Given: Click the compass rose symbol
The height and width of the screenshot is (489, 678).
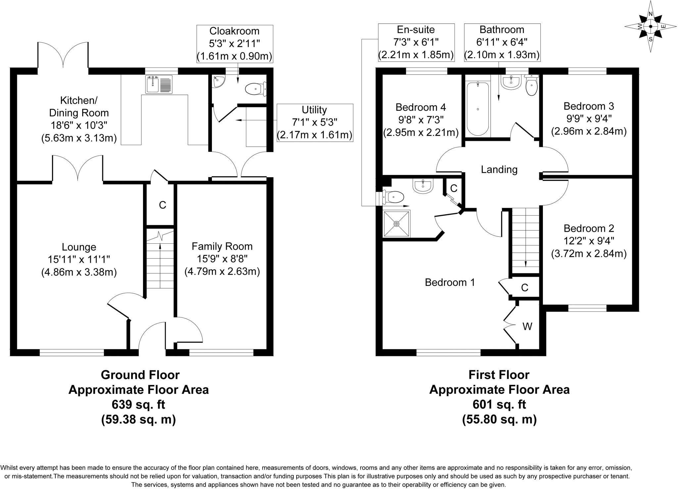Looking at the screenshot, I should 650,26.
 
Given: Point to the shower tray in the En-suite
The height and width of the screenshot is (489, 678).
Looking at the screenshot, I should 397,224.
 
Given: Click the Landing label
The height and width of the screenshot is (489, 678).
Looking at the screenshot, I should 499,170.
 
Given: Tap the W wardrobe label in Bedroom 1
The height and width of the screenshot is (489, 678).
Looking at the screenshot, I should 527,327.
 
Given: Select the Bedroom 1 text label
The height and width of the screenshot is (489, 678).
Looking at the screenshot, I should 450,282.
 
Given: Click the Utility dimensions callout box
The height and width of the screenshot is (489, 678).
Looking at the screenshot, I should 315,123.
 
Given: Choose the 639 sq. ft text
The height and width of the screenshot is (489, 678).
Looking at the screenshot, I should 138,405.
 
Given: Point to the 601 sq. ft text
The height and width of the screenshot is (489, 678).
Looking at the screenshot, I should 499,405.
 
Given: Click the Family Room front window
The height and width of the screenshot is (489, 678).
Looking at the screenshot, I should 221,352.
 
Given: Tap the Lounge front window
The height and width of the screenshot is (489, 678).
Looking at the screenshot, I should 72,352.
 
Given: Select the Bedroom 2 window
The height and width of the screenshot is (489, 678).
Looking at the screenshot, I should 587,308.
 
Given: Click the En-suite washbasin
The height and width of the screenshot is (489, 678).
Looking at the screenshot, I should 423,186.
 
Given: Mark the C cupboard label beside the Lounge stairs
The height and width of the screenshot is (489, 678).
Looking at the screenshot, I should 162,205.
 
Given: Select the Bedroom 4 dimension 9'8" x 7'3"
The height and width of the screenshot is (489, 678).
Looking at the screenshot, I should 420,120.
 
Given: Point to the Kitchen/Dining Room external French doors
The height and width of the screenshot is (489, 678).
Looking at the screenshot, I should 63,56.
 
